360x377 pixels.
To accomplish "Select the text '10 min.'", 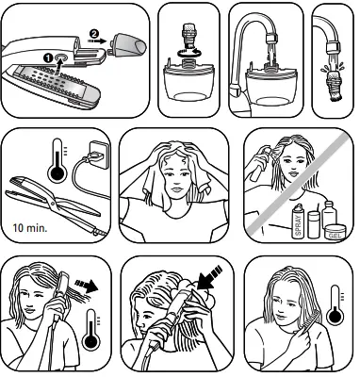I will coord(33,227).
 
